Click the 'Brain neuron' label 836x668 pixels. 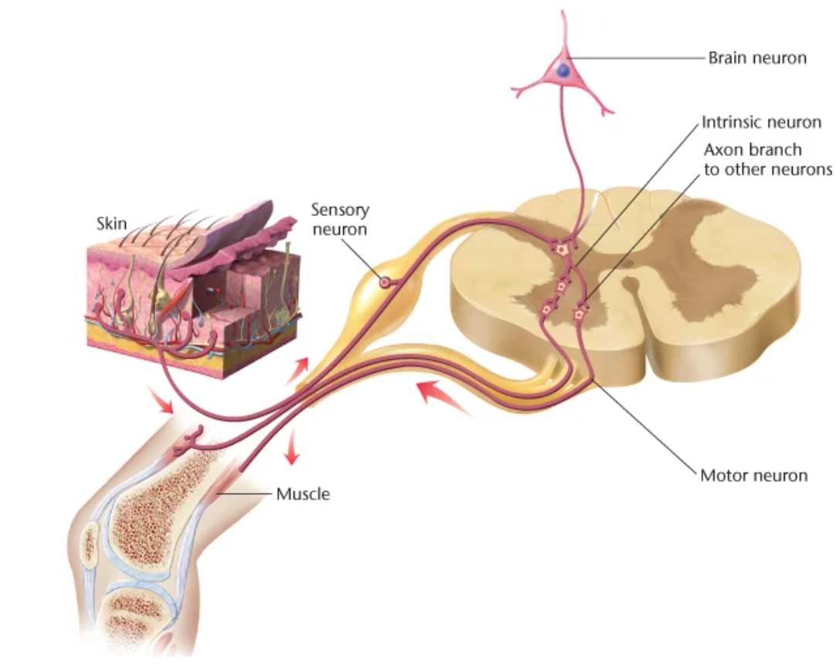pos(756,58)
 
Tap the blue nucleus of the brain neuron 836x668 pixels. pos(564,70)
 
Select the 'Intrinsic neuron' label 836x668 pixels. pos(761,122)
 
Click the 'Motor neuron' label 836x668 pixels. pos(753,475)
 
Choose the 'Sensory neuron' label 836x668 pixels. pos(340,219)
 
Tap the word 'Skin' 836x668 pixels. pos(110,224)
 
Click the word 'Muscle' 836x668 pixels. pos(303,493)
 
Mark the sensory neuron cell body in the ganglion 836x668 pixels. pos(383,283)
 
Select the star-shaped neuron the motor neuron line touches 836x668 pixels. pos(579,314)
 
